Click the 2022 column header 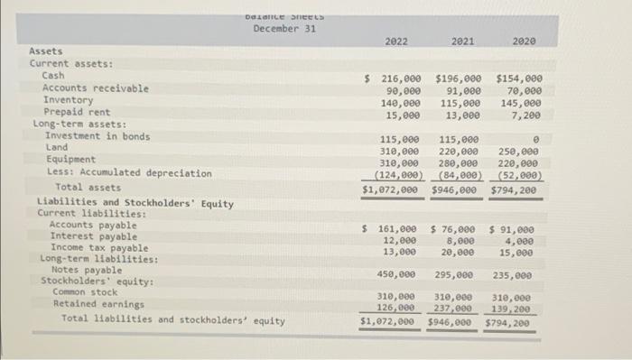[x=395, y=42]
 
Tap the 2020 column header [x=523, y=42]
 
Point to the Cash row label [x=53, y=77]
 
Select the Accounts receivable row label [x=96, y=88]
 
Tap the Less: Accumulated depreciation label [x=129, y=171]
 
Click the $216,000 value [x=392, y=79]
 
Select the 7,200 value [x=527, y=115]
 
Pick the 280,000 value [x=459, y=164]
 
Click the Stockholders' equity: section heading [x=97, y=281]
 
